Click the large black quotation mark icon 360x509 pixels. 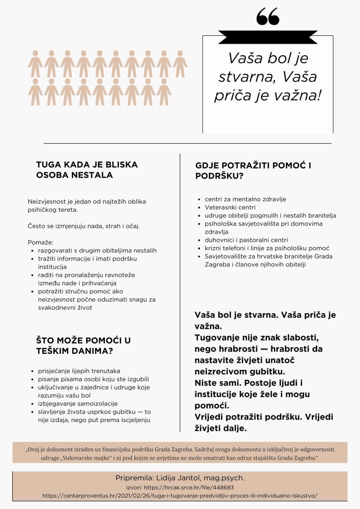point(268,17)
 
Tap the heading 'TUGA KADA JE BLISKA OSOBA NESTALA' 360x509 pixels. point(87,170)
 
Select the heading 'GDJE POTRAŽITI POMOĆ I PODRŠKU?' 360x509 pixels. point(254,170)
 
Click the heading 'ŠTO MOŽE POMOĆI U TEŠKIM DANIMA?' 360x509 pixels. point(84,345)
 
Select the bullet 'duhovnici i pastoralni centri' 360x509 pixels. point(246,240)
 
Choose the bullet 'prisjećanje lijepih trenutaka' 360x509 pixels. point(79,371)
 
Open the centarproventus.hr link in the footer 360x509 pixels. point(180,496)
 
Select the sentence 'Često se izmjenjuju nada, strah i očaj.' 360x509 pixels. point(84,226)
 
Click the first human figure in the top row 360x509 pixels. point(35,64)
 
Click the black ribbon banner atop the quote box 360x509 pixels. point(268,36)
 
